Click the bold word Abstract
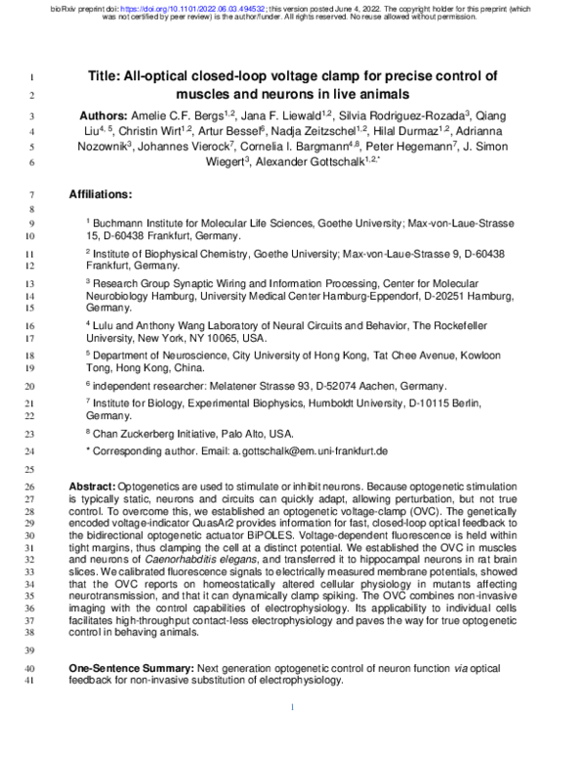coord(93,485)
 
